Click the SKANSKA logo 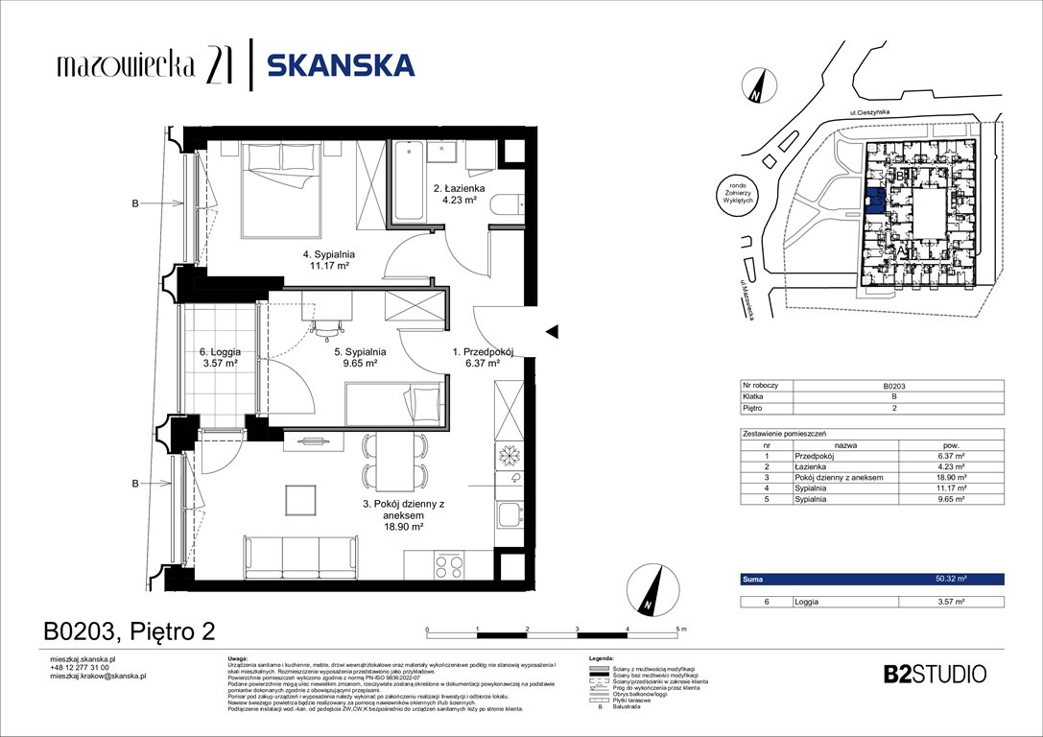pyautogui.click(x=341, y=65)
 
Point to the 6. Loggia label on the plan pyautogui.click(x=220, y=352)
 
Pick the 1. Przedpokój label pyautogui.click(x=483, y=352)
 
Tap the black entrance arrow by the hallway pyautogui.click(x=552, y=331)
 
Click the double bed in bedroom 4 pyautogui.click(x=279, y=188)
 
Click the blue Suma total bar pyautogui.click(x=872, y=579)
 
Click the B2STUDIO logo pyautogui.click(x=933, y=674)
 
